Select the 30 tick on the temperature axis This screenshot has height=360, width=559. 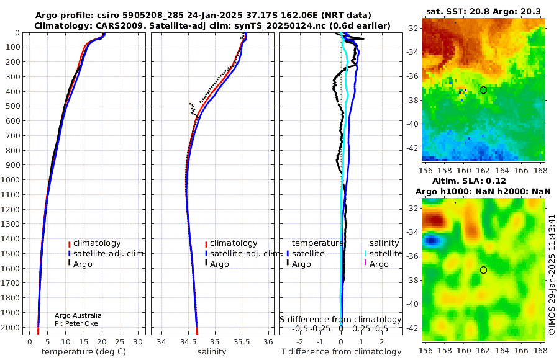click(x=138, y=342)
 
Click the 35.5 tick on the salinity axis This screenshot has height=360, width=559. click(x=242, y=342)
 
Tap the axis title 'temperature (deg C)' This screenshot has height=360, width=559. click(x=84, y=352)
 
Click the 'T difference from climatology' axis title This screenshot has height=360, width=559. click(x=341, y=352)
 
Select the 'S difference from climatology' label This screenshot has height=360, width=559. click(x=341, y=320)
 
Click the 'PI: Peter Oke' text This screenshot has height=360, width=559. click(x=76, y=323)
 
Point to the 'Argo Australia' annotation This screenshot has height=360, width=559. click(x=78, y=315)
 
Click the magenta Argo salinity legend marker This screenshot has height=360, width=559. click(x=365, y=263)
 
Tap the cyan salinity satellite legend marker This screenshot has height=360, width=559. click(x=365, y=253)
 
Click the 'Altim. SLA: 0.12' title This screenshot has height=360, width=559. click(x=469, y=181)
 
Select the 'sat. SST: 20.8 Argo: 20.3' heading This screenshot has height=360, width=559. click(x=483, y=11)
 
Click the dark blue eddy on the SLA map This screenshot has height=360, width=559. click(x=432, y=241)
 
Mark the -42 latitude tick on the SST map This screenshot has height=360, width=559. click(x=413, y=148)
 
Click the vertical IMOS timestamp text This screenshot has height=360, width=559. click(x=552, y=274)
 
